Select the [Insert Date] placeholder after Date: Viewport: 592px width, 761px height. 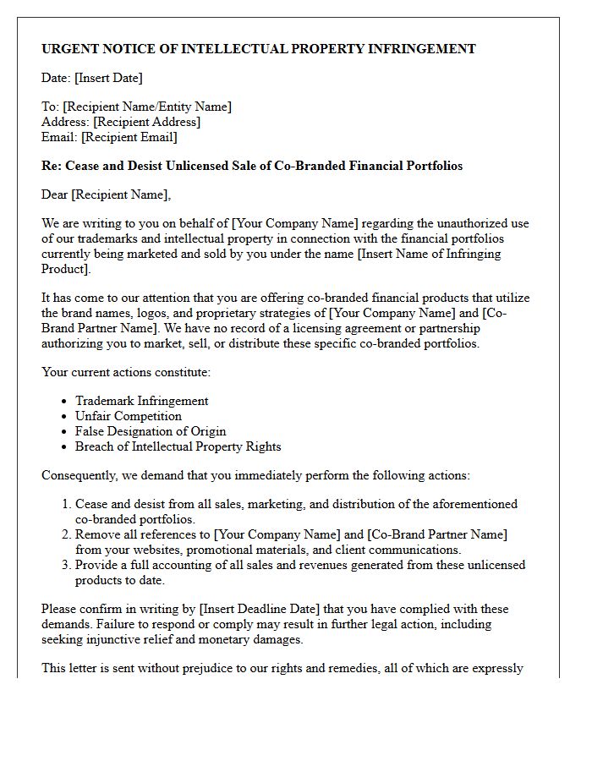point(108,78)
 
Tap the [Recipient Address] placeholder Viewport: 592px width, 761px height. point(147,122)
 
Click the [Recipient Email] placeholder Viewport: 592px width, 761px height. point(129,137)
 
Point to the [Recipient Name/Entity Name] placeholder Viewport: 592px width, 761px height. point(147,107)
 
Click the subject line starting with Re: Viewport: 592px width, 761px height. point(252,166)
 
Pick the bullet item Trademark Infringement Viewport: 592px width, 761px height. point(141,401)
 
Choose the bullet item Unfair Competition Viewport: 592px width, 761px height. point(128,416)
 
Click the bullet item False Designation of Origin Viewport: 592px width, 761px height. point(151,431)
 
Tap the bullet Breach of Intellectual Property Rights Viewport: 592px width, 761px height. point(178,446)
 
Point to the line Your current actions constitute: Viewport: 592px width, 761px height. point(126,372)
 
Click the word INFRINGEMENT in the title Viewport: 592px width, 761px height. point(421,49)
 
